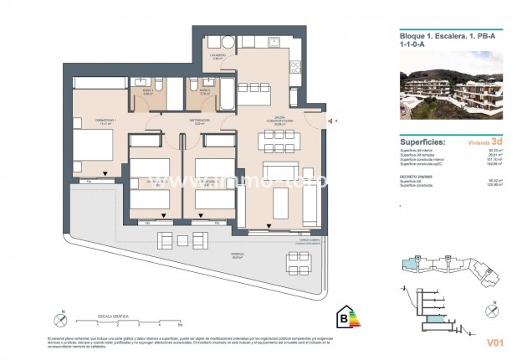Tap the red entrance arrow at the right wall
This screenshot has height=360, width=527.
tap(330, 121)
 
